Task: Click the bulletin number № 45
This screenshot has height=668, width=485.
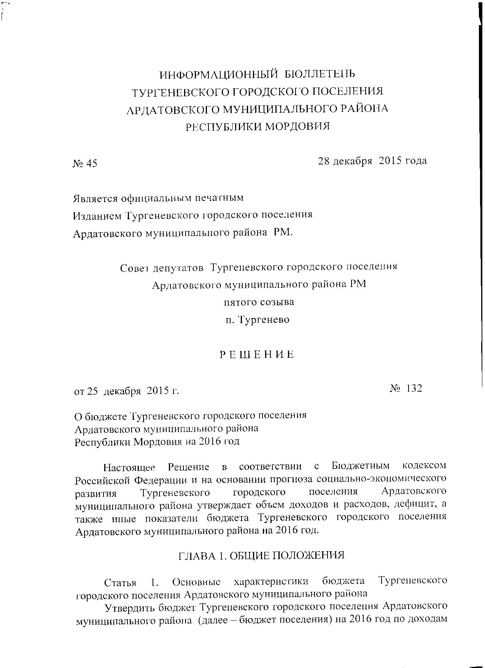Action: tap(85, 164)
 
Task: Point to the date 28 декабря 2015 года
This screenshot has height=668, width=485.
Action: tap(372, 161)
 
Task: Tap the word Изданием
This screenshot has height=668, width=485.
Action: tap(97, 215)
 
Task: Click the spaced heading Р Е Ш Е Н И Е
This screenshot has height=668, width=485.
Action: tap(258, 355)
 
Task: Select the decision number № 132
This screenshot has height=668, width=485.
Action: tap(406, 389)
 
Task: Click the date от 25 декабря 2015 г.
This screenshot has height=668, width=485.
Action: tap(126, 391)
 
